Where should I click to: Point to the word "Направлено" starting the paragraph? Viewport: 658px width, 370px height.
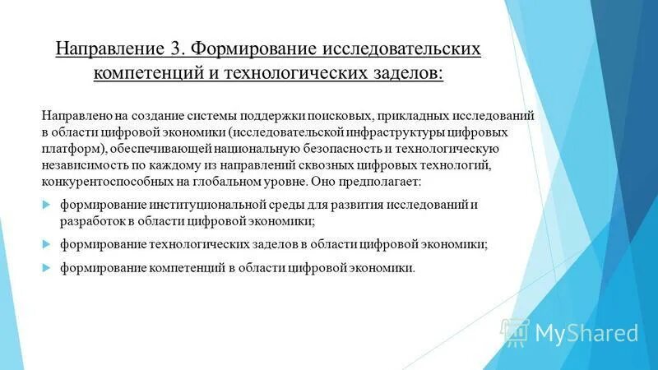(75, 117)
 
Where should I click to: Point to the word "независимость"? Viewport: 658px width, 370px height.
(84, 165)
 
